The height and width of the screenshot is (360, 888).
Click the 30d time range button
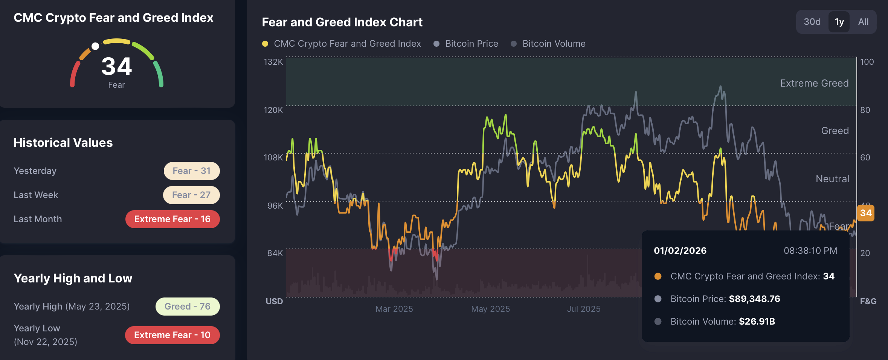coord(812,22)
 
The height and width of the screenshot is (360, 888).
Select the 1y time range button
coord(839,22)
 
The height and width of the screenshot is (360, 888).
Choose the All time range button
coord(863,22)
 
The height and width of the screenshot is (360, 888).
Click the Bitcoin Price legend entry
coord(471,44)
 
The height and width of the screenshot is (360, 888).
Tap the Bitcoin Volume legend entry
coord(554,44)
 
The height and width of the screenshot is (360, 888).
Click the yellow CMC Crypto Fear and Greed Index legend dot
coord(265,44)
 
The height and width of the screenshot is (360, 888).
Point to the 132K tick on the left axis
coord(273,62)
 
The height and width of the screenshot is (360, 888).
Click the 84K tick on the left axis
coord(275,253)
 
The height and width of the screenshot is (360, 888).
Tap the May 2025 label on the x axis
coord(490,309)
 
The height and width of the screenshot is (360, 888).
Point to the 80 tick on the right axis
coord(865,110)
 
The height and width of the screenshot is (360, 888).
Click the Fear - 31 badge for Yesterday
coord(191,171)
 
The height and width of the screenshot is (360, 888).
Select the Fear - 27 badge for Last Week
coord(191,195)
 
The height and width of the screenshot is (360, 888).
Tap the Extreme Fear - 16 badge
coord(172,219)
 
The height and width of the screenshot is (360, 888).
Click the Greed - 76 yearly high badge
coord(187,307)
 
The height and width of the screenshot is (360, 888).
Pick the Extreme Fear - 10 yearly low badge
coord(172,335)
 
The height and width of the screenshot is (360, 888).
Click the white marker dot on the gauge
coord(95,46)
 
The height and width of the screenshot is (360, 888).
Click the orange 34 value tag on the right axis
coord(865,213)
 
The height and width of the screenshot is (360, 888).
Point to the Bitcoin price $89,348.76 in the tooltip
coord(754,299)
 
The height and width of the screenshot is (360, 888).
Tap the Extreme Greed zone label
coord(814,83)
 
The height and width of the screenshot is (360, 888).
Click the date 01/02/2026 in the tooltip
coord(680,251)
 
